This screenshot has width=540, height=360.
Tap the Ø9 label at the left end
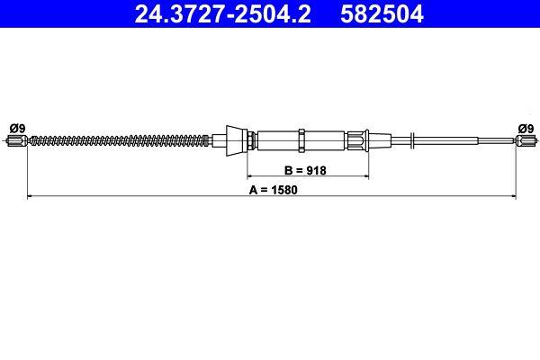tap(17, 128)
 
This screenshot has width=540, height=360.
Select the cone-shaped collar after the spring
tap(237, 139)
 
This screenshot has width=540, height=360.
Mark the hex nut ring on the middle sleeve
tap(301, 139)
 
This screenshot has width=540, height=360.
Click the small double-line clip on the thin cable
tap(410, 139)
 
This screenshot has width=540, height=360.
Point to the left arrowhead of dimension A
tap(31, 193)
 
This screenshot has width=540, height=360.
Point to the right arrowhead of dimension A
tap(513, 193)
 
